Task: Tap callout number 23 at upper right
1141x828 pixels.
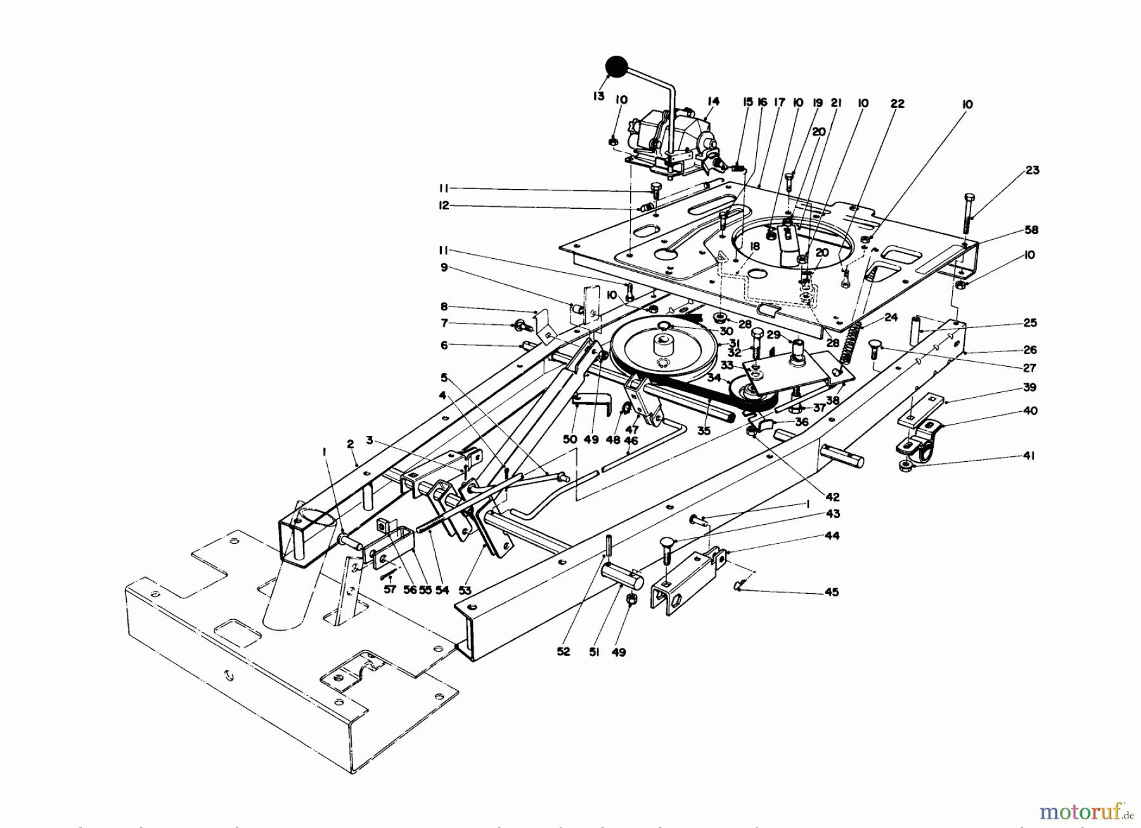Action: [1033, 170]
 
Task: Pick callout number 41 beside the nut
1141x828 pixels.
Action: [1029, 456]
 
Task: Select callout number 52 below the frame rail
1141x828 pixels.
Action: [564, 652]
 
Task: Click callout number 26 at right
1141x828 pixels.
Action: [1030, 350]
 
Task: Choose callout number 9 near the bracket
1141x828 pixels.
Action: [444, 267]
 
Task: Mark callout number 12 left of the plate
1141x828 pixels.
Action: [444, 206]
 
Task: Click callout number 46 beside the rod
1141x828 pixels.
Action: [631, 440]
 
